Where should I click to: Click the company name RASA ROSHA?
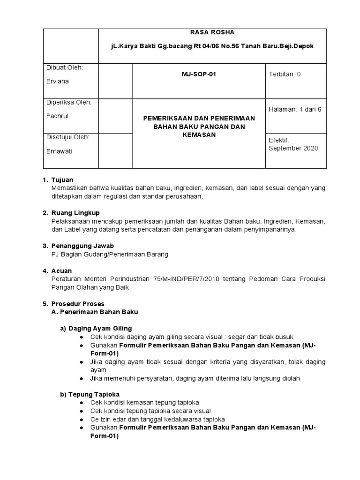point(212,32)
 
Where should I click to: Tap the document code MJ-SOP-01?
point(199,74)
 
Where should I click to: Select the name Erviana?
point(57,81)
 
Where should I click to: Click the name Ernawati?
point(59,151)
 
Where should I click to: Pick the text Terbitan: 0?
point(285,74)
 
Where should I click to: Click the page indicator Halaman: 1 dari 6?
point(295,109)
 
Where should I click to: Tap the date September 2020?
point(293,148)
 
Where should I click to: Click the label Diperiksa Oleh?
point(68,102)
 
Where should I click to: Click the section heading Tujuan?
point(62,180)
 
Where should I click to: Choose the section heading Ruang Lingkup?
point(75,213)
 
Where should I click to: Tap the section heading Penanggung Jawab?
point(82,246)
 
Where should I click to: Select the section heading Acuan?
point(61,271)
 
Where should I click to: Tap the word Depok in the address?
point(304,47)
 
